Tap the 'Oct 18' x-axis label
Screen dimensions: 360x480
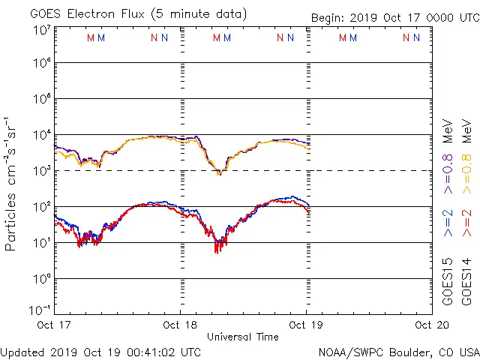pos(180,325)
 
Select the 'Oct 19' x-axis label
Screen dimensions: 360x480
pos(305,325)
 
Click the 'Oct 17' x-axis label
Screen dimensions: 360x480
pos(54,325)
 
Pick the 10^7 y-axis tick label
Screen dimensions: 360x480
pos(42,31)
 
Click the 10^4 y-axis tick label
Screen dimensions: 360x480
pos(42,135)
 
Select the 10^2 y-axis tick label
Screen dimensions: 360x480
pos(42,207)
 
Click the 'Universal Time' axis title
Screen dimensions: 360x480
pos(243,337)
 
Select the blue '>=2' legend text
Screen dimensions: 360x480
pos(448,223)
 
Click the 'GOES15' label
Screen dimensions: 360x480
pos(448,282)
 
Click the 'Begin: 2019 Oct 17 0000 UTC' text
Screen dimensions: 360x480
pos(394,18)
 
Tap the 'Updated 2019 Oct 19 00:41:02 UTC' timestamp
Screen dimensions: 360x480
pos(100,351)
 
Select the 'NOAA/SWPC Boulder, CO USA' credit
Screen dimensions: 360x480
pos(398,351)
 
